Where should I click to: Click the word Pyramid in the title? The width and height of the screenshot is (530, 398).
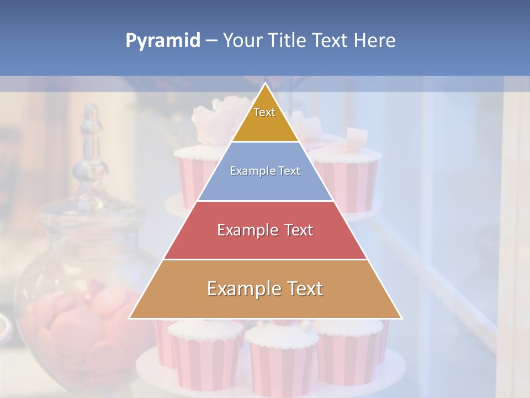pyautogui.click(x=163, y=41)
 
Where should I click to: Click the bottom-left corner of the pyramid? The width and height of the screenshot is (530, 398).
pyautogui.click(x=130, y=318)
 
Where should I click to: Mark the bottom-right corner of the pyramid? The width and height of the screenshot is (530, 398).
pyautogui.click(x=401, y=318)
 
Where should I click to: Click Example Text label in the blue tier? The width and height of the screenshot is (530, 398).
pyautogui.click(x=265, y=171)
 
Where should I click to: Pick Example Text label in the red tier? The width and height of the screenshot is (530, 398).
pyautogui.click(x=265, y=230)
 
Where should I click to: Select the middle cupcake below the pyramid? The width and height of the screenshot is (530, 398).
pyautogui.click(x=282, y=359)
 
